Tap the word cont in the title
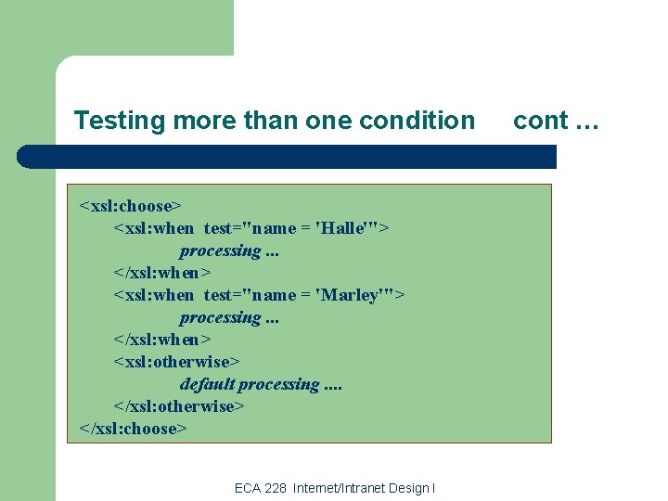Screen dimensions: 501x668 pos(540,121)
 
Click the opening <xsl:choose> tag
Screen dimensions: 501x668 pos(131,205)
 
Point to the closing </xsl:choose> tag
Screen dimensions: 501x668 pos(134,429)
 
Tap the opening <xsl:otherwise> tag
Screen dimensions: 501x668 pos(176,362)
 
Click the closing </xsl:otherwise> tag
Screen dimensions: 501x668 pos(179,406)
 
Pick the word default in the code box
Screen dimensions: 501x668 pos(207,384)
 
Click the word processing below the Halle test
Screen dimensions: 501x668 pos(221,250)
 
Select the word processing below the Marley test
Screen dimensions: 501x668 pos(221,317)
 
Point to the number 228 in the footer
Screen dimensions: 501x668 pos(275,488)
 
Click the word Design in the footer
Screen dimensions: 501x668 pos(408,488)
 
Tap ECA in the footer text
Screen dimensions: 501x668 pos(247,488)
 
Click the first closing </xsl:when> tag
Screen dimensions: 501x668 pos(162,273)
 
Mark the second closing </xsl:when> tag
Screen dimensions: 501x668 pos(162,340)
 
